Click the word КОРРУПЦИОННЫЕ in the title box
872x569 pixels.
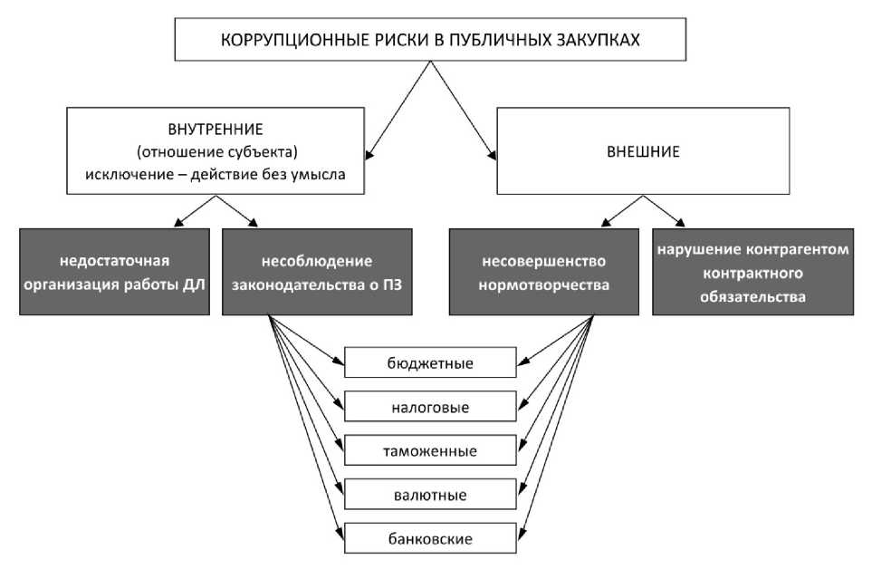tap(289, 40)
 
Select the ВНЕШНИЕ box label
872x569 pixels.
tap(643, 152)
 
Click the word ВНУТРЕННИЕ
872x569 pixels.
tap(216, 130)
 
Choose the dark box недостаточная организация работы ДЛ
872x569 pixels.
tap(115, 272)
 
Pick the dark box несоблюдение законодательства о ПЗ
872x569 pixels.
tap(317, 272)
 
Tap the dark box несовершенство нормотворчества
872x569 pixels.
tap(544, 272)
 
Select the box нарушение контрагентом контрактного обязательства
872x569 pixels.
tap(753, 272)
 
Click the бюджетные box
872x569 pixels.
tap(430, 362)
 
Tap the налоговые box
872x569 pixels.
tap(430, 407)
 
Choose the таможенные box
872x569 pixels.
tap(430, 450)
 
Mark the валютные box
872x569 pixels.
tap(430, 495)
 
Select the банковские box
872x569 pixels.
tap(430, 538)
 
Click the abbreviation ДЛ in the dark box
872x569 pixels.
tap(194, 284)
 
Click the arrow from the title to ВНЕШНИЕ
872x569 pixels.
tap(464, 111)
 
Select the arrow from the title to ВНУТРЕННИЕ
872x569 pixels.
tap(398, 111)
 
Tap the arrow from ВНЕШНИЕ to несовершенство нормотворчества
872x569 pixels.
tap(622, 211)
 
